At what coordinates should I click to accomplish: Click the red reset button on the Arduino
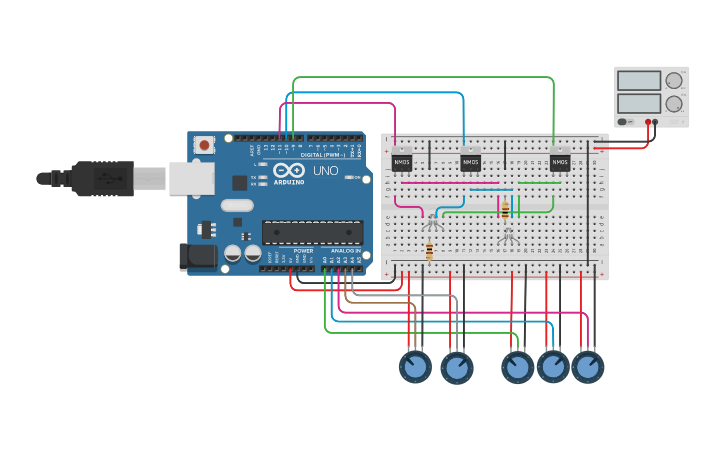pyautogui.click(x=205, y=145)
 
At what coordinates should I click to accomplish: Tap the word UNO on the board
pyautogui.click(x=326, y=171)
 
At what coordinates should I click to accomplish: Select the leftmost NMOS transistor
pyautogui.click(x=401, y=161)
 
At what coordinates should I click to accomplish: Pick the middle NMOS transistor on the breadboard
pyautogui.click(x=470, y=161)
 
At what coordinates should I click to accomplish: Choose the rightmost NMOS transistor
pyautogui.click(x=559, y=161)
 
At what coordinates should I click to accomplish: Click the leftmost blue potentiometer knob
pyautogui.click(x=415, y=367)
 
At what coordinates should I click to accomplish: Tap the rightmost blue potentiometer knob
pyautogui.click(x=588, y=367)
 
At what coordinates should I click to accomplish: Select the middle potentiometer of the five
pyautogui.click(x=517, y=367)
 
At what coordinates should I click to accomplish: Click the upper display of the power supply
pyautogui.click(x=638, y=80)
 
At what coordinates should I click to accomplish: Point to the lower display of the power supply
pyautogui.click(x=638, y=102)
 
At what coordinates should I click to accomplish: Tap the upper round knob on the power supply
pyautogui.click(x=674, y=80)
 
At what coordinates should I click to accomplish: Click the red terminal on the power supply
pyautogui.click(x=648, y=122)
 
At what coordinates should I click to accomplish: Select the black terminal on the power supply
pyautogui.click(x=655, y=122)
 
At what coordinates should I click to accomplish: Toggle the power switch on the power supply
pyautogui.click(x=624, y=122)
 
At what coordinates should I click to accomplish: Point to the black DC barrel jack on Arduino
pyautogui.click(x=196, y=256)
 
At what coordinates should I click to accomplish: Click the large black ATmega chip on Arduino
pyautogui.click(x=312, y=232)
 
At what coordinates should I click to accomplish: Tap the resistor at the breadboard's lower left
pyautogui.click(x=429, y=251)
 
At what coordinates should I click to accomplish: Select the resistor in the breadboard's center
pyautogui.click(x=505, y=209)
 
